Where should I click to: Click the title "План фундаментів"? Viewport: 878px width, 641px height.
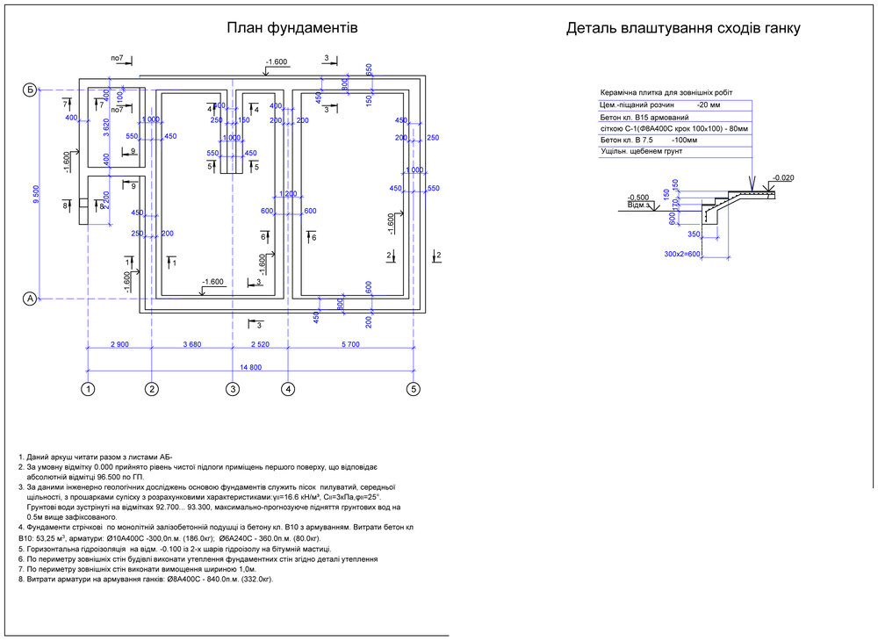291,28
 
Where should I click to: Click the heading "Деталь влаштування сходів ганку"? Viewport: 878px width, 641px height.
683,28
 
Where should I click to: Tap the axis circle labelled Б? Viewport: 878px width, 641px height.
29,90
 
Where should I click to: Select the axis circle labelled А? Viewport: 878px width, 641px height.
29,299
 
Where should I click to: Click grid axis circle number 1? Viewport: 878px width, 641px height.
88,388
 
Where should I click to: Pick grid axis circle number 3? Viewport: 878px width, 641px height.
233,388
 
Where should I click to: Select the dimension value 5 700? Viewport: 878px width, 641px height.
349,345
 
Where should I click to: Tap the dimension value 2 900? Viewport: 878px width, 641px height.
119,345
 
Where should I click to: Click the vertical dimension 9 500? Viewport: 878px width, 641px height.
36,194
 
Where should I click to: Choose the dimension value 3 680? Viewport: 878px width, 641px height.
191,345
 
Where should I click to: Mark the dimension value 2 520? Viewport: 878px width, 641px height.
260,345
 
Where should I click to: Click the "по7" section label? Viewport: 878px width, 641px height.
116,58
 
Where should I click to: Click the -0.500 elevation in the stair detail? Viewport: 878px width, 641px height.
638,198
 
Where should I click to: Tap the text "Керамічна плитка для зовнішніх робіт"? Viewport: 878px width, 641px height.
666,92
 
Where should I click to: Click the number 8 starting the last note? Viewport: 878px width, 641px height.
20,580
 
